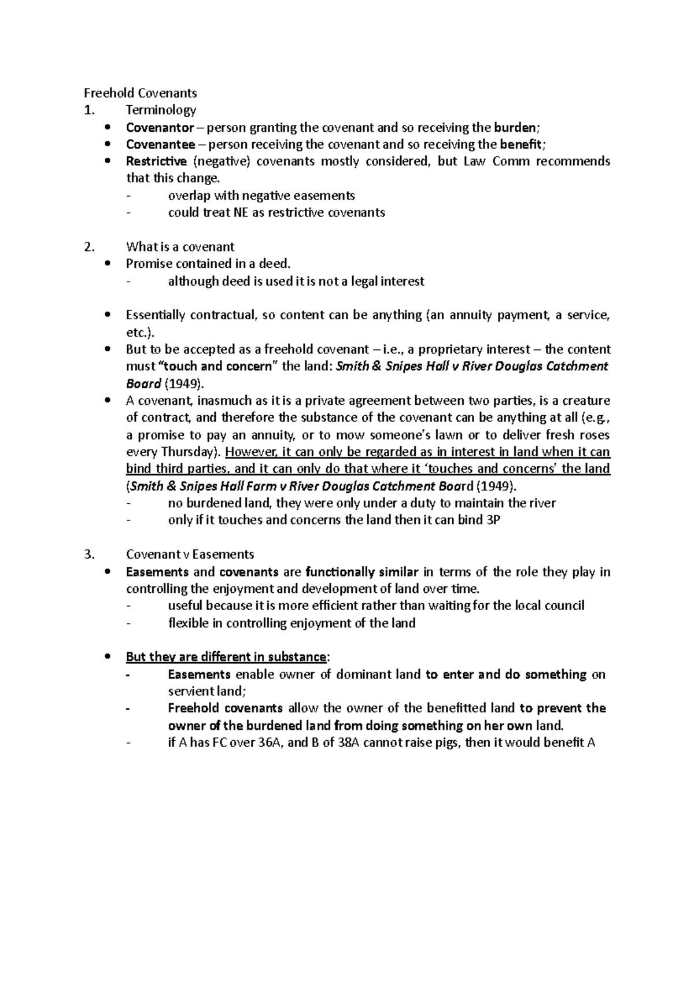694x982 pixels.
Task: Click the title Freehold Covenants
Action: (x=141, y=93)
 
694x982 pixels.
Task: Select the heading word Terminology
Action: (x=161, y=110)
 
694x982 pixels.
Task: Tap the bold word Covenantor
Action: (x=160, y=127)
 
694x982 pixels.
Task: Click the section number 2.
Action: (x=88, y=247)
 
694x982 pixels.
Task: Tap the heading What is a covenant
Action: (x=180, y=247)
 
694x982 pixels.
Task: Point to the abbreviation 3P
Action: (x=493, y=519)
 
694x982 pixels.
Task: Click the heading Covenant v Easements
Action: (x=190, y=554)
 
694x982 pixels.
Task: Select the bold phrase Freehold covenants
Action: (x=225, y=708)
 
